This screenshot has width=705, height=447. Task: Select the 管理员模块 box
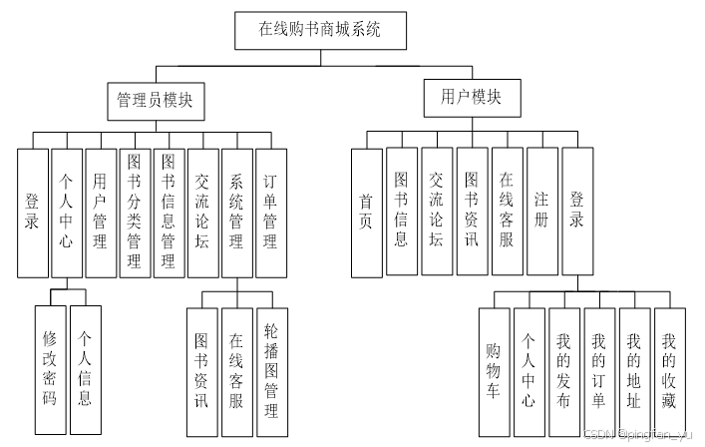(x=155, y=101)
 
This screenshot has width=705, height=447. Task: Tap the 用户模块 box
(x=471, y=97)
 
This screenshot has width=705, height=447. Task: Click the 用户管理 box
(x=100, y=213)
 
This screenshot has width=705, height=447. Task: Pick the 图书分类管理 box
(x=134, y=213)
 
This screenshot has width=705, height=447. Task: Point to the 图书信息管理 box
(x=169, y=213)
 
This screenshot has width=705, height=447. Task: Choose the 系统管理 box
(x=236, y=213)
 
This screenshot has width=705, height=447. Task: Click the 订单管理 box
(x=270, y=213)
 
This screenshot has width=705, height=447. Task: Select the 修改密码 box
(x=49, y=369)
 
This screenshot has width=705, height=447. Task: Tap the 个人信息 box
(x=86, y=369)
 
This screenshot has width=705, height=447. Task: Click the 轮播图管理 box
(x=270, y=369)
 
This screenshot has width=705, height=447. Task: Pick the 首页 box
(x=366, y=213)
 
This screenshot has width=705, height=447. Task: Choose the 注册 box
(x=541, y=212)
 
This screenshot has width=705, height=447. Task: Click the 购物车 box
(x=493, y=372)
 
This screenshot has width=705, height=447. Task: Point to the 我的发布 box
(x=563, y=372)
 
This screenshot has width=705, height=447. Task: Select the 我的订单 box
(x=598, y=372)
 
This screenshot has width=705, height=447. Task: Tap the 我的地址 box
(x=633, y=372)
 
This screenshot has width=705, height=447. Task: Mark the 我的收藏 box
(x=668, y=372)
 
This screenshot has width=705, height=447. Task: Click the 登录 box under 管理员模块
(x=32, y=213)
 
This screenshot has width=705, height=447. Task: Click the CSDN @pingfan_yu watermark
(x=642, y=436)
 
